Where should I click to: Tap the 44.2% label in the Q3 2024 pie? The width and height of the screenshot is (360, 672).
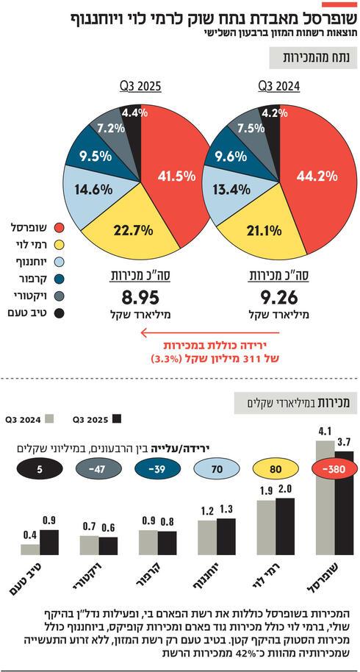[x=316, y=176]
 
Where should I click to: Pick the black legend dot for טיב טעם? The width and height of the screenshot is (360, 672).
[x=61, y=314]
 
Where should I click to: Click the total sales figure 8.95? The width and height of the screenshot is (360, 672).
[x=131, y=299]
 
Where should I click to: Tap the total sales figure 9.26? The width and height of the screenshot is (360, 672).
[x=274, y=299]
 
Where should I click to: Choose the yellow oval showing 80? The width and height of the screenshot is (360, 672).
[x=274, y=468]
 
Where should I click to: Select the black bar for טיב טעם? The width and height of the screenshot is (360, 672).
[x=48, y=542]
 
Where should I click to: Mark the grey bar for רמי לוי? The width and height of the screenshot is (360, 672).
[x=265, y=527]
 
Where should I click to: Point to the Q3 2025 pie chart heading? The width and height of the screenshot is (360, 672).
[x=140, y=86]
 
